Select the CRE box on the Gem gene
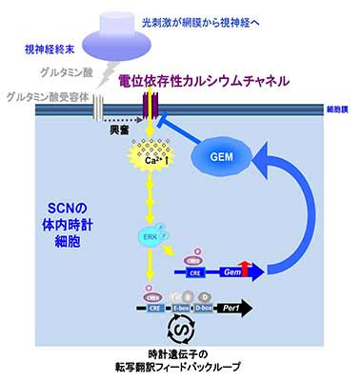[194, 271]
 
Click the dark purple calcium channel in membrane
[149, 110]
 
